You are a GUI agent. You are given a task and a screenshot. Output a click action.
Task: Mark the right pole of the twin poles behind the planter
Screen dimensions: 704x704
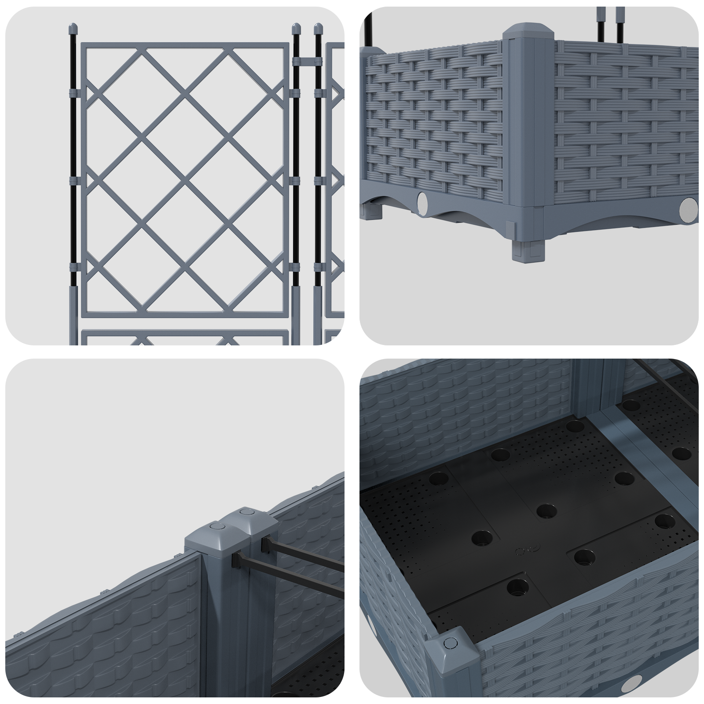(620, 22)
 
